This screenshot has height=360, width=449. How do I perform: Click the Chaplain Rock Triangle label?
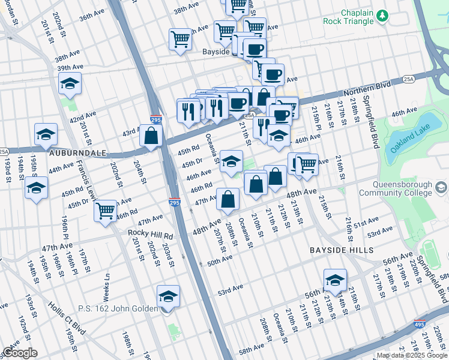366,17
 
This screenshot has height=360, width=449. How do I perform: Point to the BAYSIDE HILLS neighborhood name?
342,250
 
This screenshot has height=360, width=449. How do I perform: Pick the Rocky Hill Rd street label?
150,233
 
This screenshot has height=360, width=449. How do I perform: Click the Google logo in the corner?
20,353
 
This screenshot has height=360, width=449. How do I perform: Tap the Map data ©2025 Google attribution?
412,355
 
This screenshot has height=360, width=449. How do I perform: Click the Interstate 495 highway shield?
420,325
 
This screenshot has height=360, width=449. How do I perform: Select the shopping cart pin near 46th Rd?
106,211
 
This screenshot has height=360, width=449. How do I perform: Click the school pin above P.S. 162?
168,296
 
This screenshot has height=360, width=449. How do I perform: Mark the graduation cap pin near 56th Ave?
335,280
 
